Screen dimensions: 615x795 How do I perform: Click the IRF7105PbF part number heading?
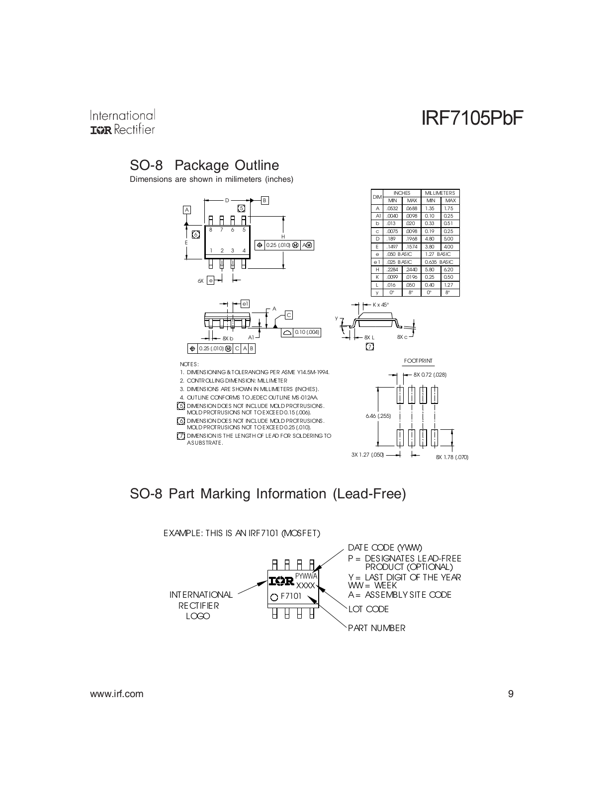click(x=472, y=118)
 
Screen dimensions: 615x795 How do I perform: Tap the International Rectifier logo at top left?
click(x=123, y=122)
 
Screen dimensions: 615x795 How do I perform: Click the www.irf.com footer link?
click(x=117, y=694)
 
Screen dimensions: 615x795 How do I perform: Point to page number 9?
click(x=511, y=694)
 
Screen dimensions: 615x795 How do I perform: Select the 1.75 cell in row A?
click(x=448, y=208)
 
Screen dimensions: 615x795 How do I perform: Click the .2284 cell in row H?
click(x=392, y=270)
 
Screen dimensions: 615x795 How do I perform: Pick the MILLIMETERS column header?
click(x=440, y=193)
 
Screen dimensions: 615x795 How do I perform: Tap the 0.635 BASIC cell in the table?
click(x=439, y=262)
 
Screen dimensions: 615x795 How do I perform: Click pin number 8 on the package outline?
click(x=210, y=230)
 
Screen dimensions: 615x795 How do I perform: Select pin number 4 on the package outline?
click(x=244, y=250)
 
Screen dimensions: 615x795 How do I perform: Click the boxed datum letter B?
click(x=264, y=200)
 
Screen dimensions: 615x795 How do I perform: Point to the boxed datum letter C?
click(x=289, y=315)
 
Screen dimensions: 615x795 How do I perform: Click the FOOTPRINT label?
click(x=418, y=361)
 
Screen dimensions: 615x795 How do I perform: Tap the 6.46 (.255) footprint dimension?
click(x=378, y=416)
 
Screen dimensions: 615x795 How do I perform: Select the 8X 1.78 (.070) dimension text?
click(x=452, y=457)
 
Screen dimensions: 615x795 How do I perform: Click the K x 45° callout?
click(x=381, y=305)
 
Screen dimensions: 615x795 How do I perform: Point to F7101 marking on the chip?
click(x=291, y=596)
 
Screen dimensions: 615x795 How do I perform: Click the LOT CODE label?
click(x=368, y=609)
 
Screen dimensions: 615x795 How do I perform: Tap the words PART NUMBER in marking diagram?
click(x=377, y=628)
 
